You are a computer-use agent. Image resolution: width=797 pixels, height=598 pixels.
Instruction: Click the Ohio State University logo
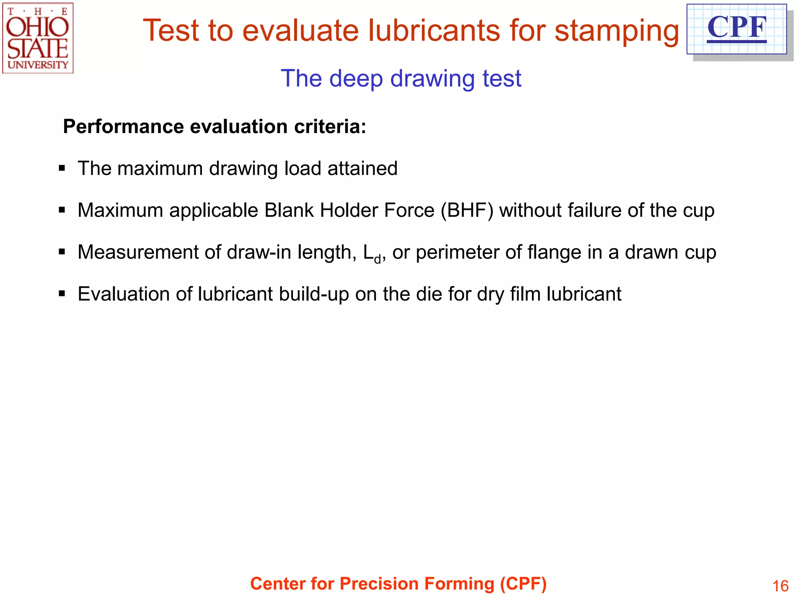coord(38,38)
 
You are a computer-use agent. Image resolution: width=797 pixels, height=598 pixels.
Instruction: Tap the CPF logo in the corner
coord(736,29)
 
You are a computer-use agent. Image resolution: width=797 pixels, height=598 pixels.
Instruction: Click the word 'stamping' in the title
coord(616,31)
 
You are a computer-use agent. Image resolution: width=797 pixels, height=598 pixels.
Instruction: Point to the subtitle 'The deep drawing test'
coord(401,79)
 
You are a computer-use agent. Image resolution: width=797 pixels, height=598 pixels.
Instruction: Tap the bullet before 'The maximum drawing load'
coord(61,169)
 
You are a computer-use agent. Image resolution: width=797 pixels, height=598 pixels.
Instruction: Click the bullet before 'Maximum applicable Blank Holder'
coord(61,210)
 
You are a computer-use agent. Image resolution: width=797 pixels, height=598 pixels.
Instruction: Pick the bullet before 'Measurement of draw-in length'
coord(61,252)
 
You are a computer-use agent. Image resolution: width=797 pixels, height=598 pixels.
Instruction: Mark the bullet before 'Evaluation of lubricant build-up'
coord(61,294)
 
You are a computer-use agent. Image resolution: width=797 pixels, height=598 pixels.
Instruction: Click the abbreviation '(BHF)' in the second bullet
coord(467,211)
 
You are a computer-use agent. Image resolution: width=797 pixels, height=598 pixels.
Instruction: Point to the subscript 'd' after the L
coord(377,259)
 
